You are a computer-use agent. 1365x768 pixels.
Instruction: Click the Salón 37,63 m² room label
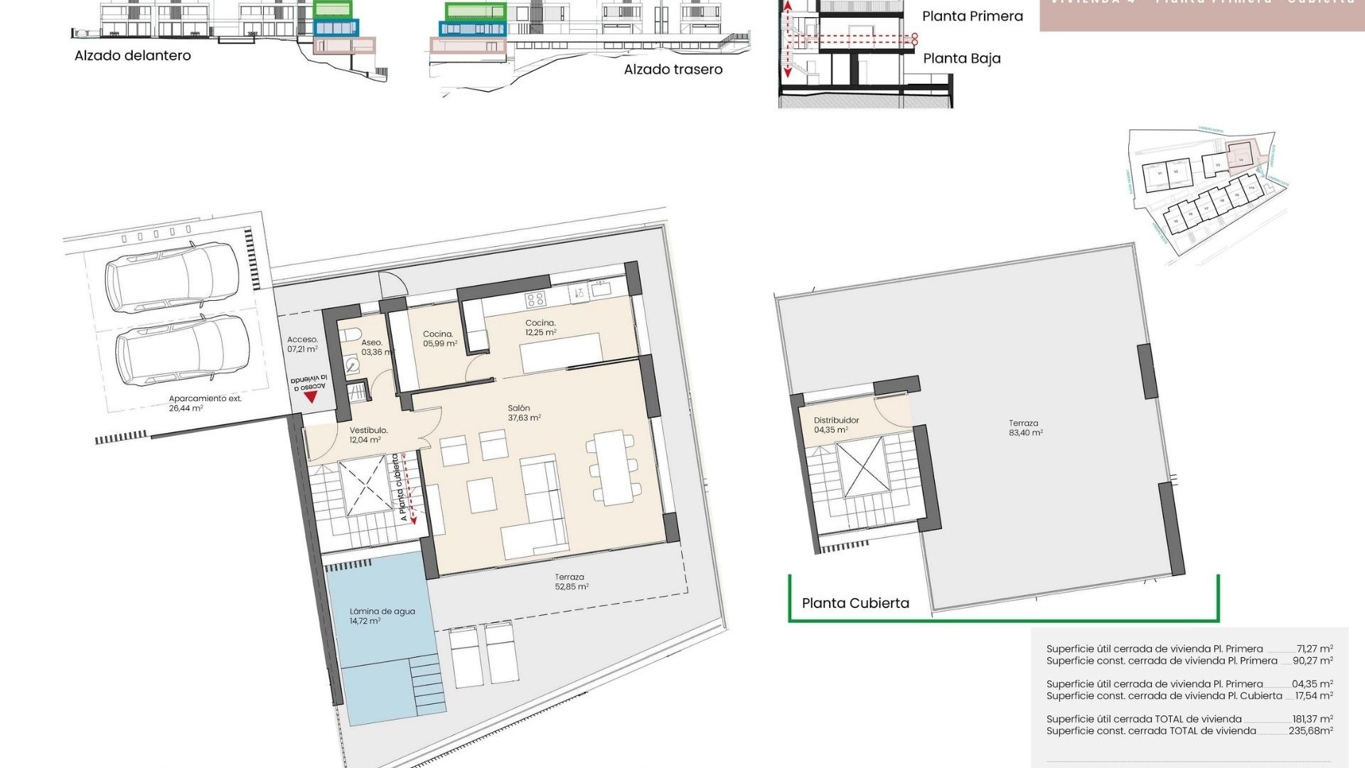[x=524, y=413]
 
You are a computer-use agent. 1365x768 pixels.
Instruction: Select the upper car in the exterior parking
[x=178, y=277]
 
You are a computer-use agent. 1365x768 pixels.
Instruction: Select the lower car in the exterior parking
[x=183, y=350]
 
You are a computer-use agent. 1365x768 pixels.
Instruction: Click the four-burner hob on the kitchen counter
[x=535, y=299]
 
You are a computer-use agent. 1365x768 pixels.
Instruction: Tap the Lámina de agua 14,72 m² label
[x=382, y=616]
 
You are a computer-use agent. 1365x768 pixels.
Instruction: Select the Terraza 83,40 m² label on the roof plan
[x=1025, y=427]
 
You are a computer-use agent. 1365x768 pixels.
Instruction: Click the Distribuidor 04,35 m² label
[x=836, y=425]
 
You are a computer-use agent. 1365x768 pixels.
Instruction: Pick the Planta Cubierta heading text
[x=855, y=603]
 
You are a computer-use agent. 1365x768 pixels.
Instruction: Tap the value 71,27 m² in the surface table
[x=1314, y=649]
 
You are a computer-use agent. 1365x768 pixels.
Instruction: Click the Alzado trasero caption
[x=673, y=69]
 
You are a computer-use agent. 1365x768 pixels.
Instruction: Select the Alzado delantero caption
[x=132, y=55]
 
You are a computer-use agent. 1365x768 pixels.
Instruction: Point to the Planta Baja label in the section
[x=961, y=58]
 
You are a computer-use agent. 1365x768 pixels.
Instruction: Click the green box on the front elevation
[x=333, y=9]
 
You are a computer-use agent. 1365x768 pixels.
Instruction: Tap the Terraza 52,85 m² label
[x=571, y=582]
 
